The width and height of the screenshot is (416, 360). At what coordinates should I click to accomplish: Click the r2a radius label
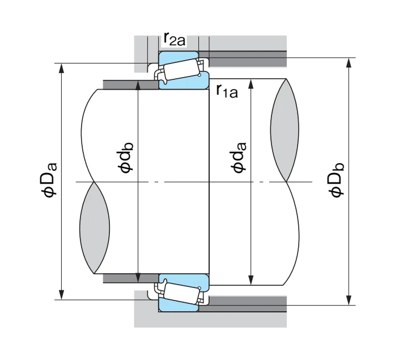(174, 40)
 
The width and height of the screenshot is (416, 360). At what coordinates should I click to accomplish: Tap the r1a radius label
(227, 91)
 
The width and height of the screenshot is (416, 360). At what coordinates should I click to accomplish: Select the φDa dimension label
(49, 180)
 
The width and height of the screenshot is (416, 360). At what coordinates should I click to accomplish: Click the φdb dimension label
(125, 158)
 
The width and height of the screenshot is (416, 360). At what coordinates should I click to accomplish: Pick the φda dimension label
(238, 158)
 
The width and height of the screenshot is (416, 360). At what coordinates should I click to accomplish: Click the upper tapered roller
(181, 70)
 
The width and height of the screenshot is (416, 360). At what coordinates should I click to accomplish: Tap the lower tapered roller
(181, 293)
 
